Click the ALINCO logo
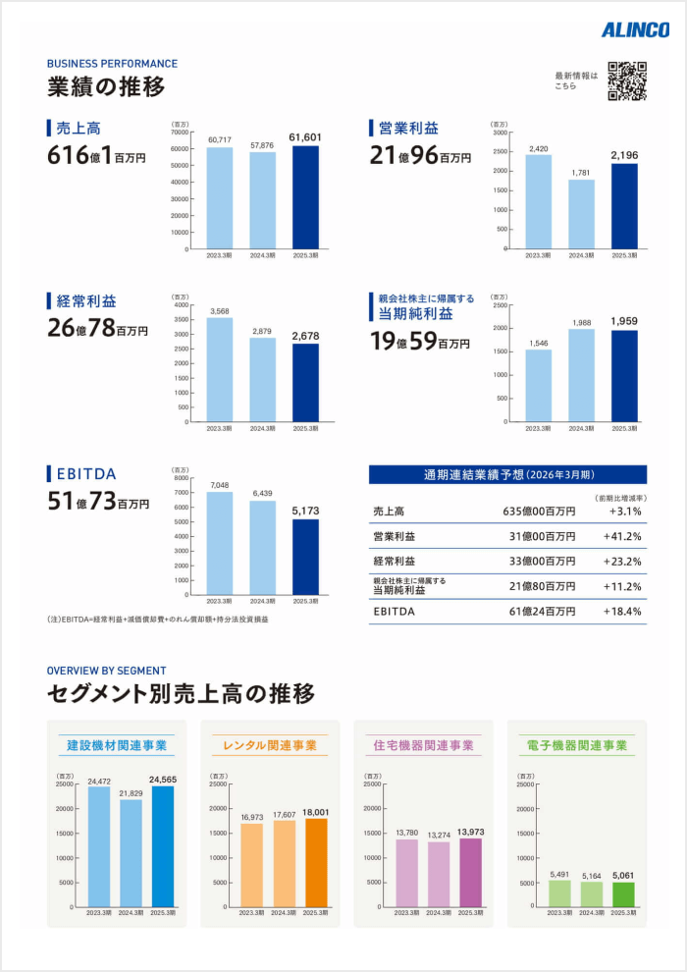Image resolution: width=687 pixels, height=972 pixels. pos(635,30)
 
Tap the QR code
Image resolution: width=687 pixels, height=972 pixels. pos(627,81)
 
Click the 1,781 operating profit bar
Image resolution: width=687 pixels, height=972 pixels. pos(581,214)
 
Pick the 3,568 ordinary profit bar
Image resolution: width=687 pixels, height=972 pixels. pos(220,369)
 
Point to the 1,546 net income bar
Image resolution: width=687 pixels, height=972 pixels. pos(538,385)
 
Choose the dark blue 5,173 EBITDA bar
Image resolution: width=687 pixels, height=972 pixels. pos(305,556)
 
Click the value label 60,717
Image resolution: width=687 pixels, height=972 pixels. pos(220,139)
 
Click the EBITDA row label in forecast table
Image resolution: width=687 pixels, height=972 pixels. pos(396,612)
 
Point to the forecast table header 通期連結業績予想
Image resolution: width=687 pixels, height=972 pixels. pos(507,475)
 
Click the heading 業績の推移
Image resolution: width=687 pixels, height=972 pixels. pos(106,87)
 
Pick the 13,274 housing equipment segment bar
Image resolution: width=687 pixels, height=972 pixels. pos(437,874)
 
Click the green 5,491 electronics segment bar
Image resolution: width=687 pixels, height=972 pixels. pos(559,893)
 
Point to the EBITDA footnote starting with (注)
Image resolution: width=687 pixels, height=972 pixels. pos(157,620)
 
